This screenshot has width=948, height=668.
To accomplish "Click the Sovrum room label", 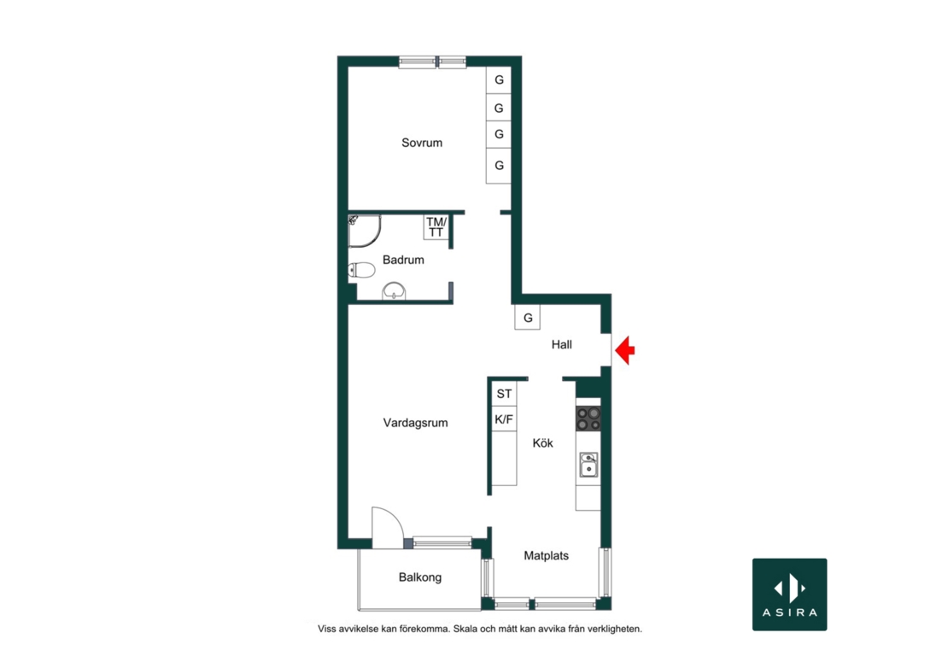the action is (421, 143).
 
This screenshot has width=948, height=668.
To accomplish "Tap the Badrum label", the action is (403, 260).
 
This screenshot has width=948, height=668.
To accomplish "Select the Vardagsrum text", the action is (415, 423).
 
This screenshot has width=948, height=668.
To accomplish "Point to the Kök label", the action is (543, 443).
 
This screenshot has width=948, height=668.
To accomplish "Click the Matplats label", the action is (546, 555).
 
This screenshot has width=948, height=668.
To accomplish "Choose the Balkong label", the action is (419, 577).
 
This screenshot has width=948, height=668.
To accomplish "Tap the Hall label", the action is (562, 344).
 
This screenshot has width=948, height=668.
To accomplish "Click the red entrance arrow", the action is (625, 350).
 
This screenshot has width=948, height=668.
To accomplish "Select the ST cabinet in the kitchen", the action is (504, 394).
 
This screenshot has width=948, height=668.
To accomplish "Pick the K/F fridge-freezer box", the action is (504, 419).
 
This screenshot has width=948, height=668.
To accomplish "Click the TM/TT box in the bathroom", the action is (436, 227).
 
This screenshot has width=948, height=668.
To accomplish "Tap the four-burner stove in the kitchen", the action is (588, 419).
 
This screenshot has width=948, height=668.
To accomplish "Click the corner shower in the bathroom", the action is (364, 231).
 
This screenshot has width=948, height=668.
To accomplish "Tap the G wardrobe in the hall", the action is (527, 318).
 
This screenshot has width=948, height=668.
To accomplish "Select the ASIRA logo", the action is (790, 595).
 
